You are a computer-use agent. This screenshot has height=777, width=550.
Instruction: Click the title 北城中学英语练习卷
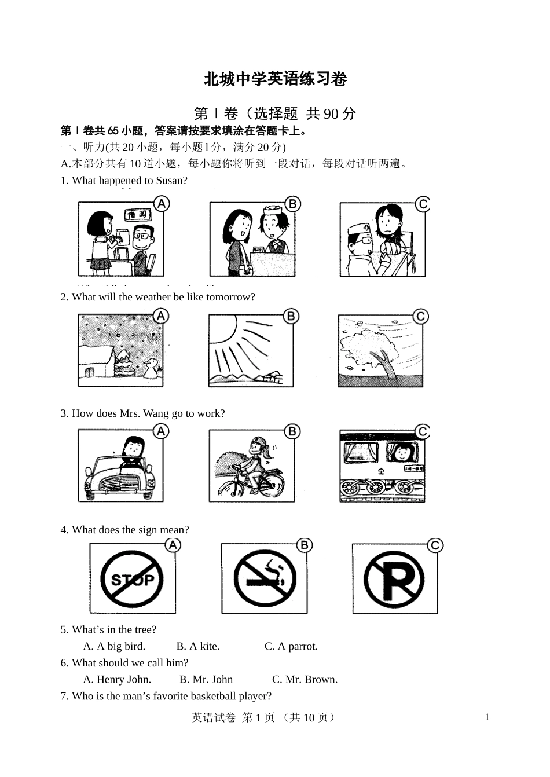[x=275, y=79]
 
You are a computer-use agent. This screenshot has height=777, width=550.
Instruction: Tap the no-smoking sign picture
[x=265, y=578]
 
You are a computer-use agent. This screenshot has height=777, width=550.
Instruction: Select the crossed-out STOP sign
[x=132, y=578]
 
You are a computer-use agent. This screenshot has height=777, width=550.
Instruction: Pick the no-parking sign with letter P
[x=395, y=578]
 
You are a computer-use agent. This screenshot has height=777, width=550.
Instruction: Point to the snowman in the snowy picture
[x=153, y=368]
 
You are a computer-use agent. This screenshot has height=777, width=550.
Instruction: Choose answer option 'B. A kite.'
[x=198, y=646]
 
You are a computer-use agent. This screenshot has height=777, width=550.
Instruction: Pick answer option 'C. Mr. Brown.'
[x=305, y=679]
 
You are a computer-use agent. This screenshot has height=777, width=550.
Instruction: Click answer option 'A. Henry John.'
[x=117, y=679]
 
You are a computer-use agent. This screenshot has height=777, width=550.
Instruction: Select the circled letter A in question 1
[x=162, y=203]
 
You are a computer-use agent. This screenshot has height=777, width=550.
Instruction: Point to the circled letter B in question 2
[x=291, y=316]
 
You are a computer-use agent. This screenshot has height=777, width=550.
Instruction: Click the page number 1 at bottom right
[x=487, y=717]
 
